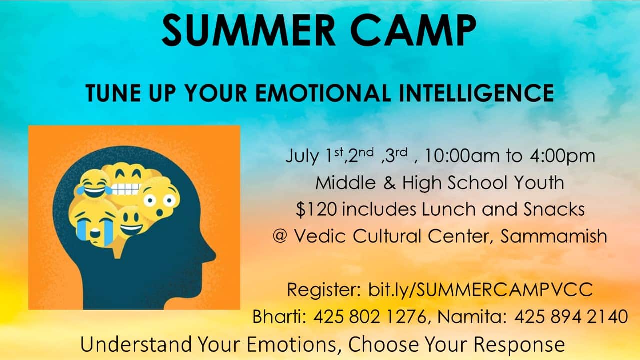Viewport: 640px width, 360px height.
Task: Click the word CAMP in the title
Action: [413, 30]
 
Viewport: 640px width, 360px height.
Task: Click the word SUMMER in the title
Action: [248, 30]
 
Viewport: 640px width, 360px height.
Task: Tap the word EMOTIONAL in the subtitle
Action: [323, 93]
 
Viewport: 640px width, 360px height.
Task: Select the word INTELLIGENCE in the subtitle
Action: [476, 93]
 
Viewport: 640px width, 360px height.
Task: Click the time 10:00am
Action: [463, 156]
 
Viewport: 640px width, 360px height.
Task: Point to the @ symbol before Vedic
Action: [280, 236]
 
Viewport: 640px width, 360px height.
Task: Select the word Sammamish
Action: [553, 236]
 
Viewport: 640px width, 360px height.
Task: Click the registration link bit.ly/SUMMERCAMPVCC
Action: [480, 290]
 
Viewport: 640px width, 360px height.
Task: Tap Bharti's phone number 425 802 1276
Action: [370, 317]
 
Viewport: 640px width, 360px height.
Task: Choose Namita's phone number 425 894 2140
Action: [571, 317]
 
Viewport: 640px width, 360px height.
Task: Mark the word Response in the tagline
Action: [519, 344]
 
